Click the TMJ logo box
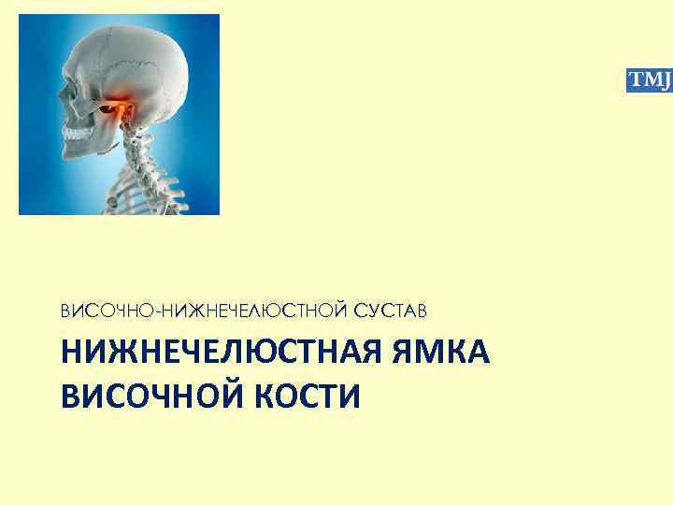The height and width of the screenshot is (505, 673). [x=649, y=80]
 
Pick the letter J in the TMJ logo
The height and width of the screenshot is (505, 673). [x=663, y=81]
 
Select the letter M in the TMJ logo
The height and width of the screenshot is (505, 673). [x=649, y=80]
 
